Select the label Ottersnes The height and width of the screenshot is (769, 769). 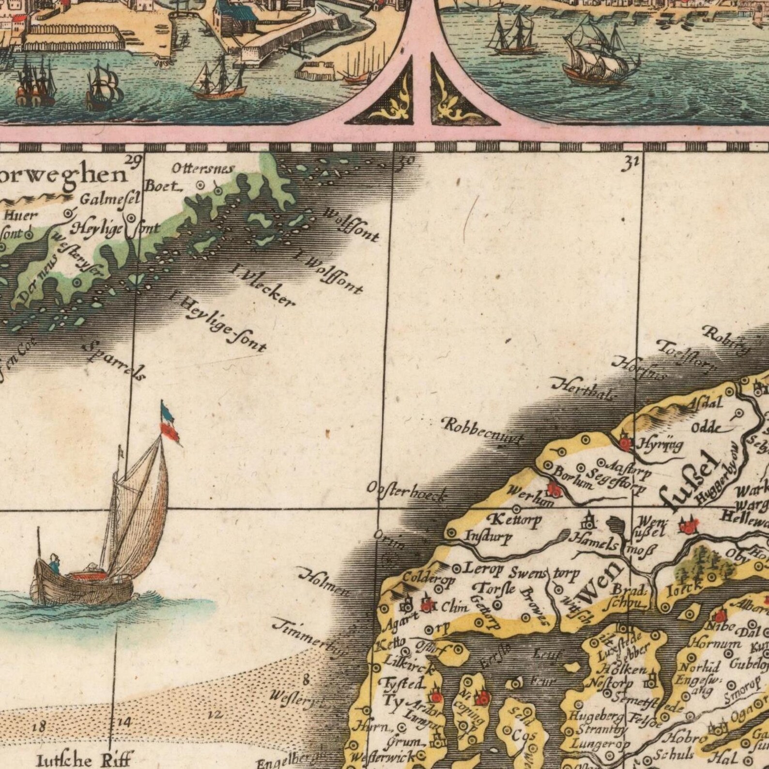tap(203, 169)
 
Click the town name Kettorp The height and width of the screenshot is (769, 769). tap(510, 521)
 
